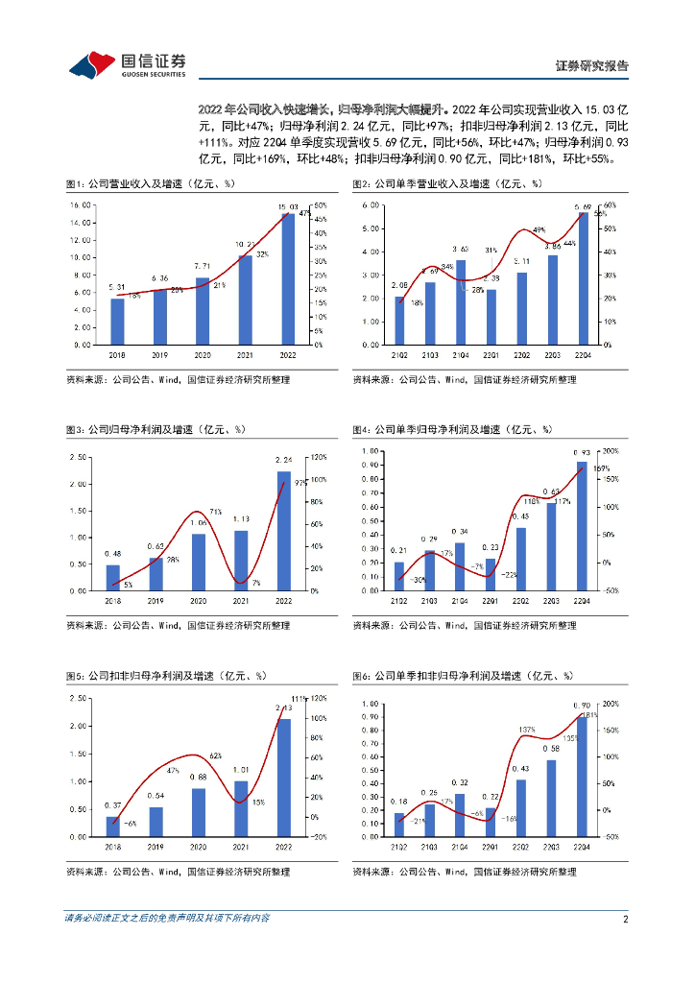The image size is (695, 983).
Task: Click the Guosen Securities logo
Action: coord(127,64)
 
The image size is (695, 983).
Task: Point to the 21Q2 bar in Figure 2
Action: coord(399,320)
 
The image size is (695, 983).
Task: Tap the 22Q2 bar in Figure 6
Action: coord(521,807)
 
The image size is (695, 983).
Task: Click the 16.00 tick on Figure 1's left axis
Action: coord(81,205)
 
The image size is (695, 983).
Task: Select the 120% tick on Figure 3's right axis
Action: coord(320,456)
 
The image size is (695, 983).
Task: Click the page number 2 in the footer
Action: coord(625,919)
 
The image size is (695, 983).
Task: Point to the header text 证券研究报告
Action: coord(592,66)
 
